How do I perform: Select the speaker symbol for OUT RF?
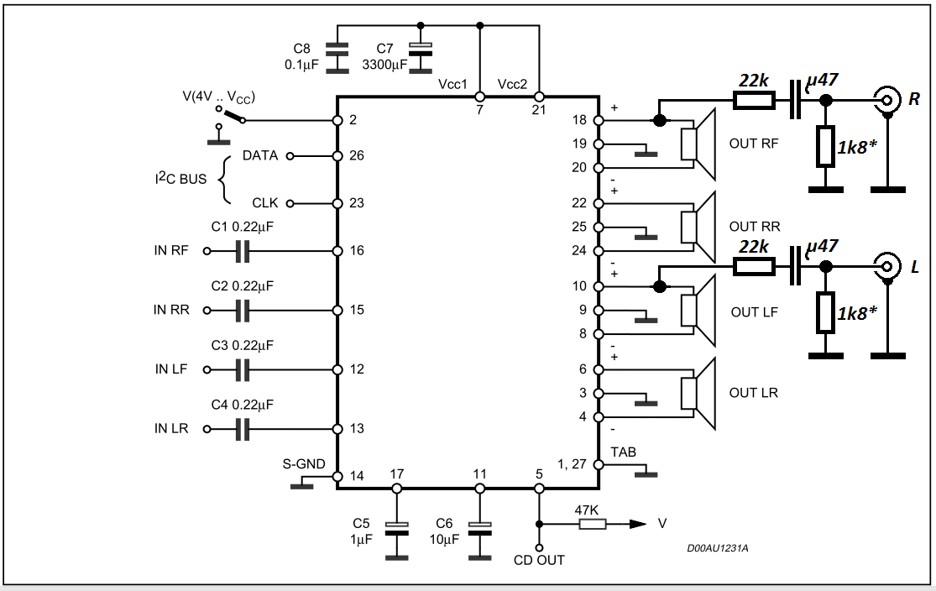pyautogui.click(x=698, y=144)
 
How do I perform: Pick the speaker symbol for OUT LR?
pyautogui.click(x=698, y=393)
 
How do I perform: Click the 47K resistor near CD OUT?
pyautogui.click(x=592, y=524)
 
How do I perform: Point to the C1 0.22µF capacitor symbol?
pyautogui.click(x=242, y=251)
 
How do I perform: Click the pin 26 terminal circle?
pyautogui.click(x=337, y=156)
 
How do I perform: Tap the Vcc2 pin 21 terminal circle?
pyautogui.click(x=539, y=97)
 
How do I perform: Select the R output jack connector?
pyautogui.click(x=887, y=100)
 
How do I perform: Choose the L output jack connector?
pyautogui.click(x=887, y=266)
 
